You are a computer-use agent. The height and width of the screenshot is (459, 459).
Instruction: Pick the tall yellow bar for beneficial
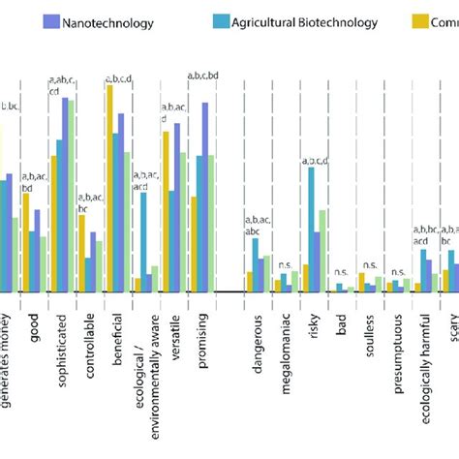pos(109,189)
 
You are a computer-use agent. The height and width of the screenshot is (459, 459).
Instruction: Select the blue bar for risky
pos(312,229)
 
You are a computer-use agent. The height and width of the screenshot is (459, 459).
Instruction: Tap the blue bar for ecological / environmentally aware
pos(143,242)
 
